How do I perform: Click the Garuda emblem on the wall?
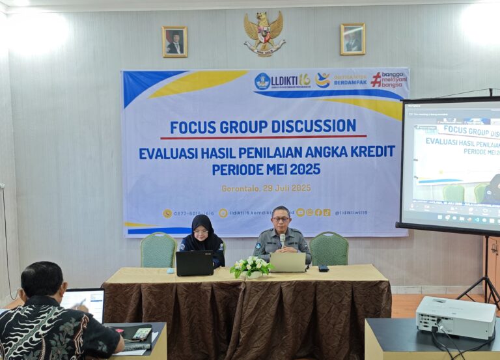point(264,34)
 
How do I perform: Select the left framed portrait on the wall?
point(174,42)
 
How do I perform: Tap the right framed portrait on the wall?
point(353,39)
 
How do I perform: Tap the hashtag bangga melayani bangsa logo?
point(389,79)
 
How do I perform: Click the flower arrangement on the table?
point(251,266)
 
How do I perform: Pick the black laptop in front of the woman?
point(194,263)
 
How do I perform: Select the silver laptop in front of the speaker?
point(288,262)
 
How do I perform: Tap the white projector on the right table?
point(455,317)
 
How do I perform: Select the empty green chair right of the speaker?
point(329,248)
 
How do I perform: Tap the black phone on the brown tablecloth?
point(324,268)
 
